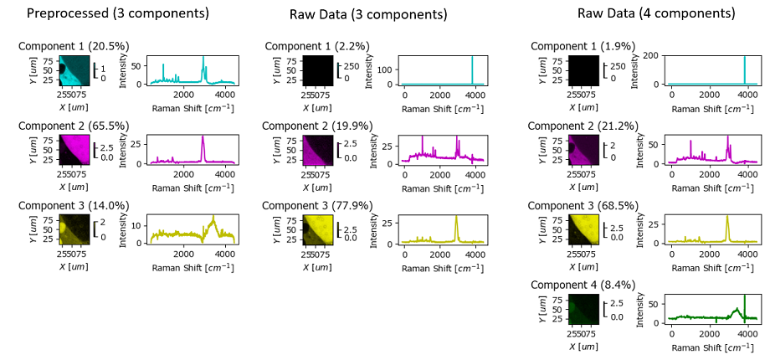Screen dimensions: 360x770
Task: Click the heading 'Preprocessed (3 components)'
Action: pyautogui.click(x=118, y=13)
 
